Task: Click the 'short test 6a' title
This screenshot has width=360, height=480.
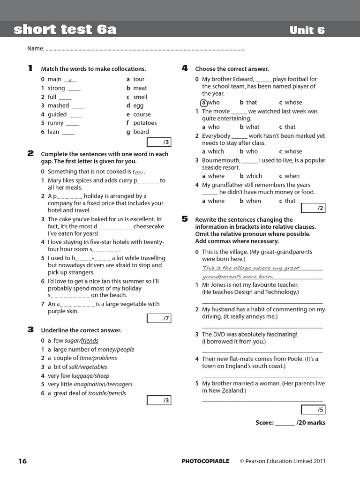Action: coord(65,30)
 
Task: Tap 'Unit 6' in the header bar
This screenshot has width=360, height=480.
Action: coord(307,30)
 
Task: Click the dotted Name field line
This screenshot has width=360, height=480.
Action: coord(145,49)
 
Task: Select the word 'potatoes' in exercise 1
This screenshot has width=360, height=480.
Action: coord(144,123)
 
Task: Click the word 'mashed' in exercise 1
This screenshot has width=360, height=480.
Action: coord(58,105)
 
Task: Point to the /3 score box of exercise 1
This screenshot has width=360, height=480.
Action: coord(159,142)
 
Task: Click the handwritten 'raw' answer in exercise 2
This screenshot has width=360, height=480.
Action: coord(139,172)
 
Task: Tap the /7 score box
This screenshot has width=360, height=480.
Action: coord(159,318)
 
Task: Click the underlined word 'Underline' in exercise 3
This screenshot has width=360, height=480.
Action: coord(54,330)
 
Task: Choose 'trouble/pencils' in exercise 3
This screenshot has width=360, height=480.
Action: coord(107,393)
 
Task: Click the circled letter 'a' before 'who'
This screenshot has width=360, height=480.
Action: coord(203,102)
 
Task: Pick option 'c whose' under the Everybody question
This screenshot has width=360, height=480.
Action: coord(291,151)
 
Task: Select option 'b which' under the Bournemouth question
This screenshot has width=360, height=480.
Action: coord(251,176)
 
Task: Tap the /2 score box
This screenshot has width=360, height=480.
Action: coord(313,208)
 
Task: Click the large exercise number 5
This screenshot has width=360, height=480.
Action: coord(185,219)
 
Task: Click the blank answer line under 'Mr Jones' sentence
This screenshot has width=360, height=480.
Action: coord(262,303)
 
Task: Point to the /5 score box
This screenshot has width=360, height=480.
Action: coord(313,410)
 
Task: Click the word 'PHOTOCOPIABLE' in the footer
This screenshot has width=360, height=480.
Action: coord(205,461)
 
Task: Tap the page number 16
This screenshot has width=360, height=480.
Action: coord(22,461)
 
